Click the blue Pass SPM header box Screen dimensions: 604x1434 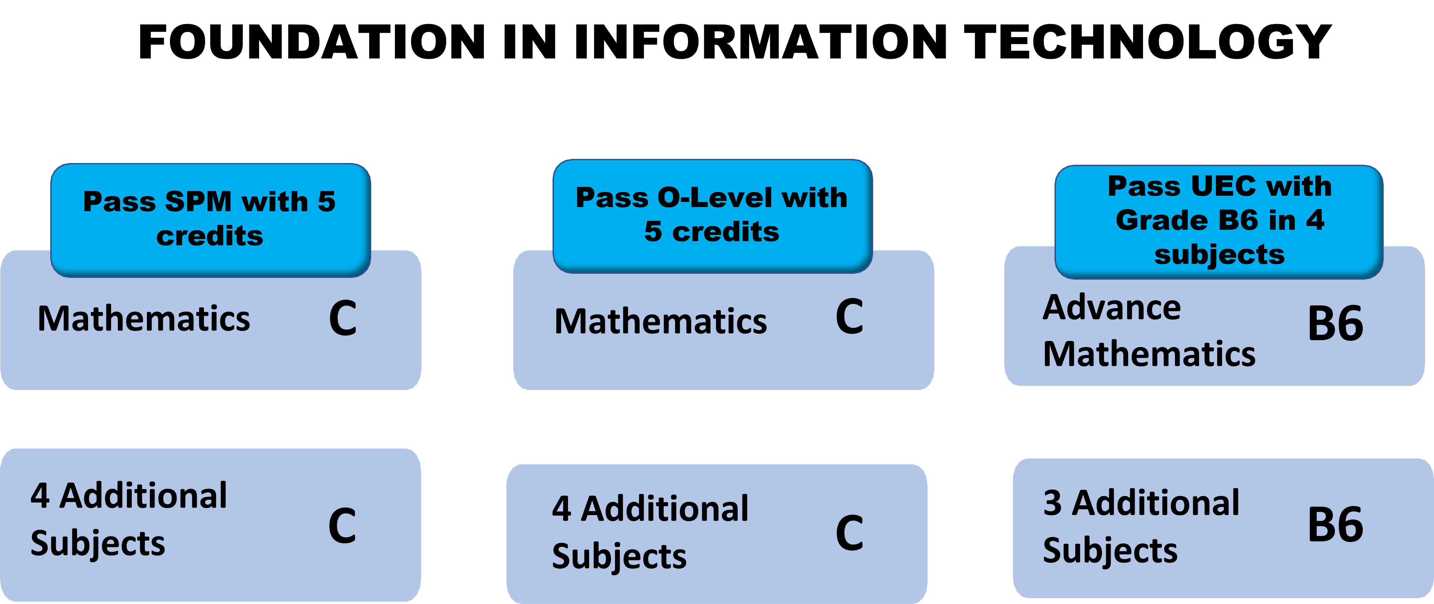(211, 220)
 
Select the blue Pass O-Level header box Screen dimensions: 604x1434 (712, 216)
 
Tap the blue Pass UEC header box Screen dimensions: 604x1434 (1219, 222)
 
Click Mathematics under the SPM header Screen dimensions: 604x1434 (143, 319)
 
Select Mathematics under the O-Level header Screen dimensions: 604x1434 (661, 322)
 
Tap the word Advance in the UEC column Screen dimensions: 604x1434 (1111, 308)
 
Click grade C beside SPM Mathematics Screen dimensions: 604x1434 (342, 319)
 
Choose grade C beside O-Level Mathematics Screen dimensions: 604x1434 (849, 317)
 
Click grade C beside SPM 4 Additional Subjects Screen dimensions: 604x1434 (342, 526)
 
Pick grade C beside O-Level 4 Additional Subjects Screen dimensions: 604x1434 (849, 533)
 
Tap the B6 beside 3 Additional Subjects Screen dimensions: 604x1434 (1335, 525)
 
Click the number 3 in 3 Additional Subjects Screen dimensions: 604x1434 (1052, 503)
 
